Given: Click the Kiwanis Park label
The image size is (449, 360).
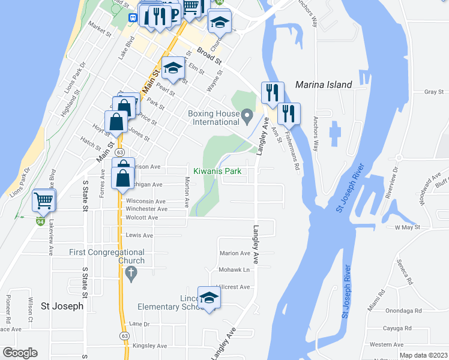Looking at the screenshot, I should click(x=217, y=171).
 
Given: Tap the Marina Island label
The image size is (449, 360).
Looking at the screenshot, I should click(x=324, y=85).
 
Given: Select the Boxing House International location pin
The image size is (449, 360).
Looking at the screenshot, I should click(x=247, y=115).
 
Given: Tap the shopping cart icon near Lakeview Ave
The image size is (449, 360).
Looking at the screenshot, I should click(x=44, y=200).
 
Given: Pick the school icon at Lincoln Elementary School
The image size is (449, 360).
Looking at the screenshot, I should click(x=209, y=298).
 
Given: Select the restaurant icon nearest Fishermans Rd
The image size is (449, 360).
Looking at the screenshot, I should click(x=289, y=113).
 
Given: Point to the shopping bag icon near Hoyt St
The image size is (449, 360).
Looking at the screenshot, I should click(x=115, y=122).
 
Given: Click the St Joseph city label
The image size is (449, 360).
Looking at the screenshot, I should click(x=62, y=305).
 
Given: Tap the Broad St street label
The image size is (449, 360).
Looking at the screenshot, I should click(x=209, y=57).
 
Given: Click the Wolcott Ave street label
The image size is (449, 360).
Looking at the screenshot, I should click(x=141, y=218).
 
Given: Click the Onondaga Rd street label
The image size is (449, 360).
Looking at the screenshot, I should click(x=403, y=311).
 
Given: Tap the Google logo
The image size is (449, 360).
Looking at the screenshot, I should click(x=20, y=353).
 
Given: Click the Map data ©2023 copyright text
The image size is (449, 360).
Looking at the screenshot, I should click(x=423, y=355).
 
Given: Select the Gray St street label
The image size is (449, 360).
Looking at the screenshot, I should click(x=433, y=92).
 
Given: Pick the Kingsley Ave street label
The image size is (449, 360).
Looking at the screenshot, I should click(x=149, y=346).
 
